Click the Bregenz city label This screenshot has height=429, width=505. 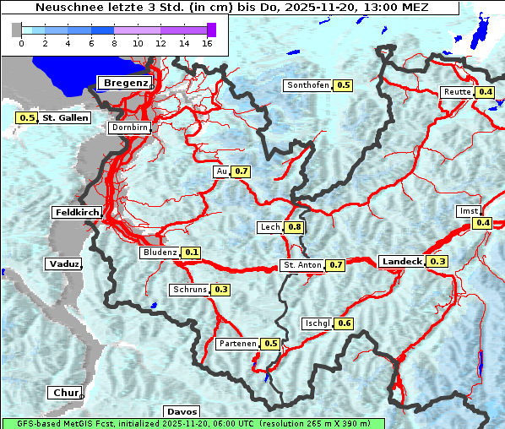pos(127,82)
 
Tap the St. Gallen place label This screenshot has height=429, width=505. pos(66,117)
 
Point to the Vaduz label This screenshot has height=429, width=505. pos(64,263)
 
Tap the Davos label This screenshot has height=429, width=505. pos(182,411)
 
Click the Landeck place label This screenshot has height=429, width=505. pos(402,262)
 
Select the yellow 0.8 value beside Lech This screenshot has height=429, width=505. pos(295,227)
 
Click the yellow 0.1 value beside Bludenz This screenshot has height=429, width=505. pos(192,253)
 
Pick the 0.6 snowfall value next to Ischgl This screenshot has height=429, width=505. pos(344,323)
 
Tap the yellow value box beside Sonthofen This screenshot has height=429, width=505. pos(344,85)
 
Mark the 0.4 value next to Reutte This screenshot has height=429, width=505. pos(486,92)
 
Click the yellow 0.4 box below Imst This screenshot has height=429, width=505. pos(482,223)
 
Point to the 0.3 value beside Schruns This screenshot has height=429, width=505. pos(221,290)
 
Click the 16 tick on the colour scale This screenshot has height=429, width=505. pos(206,42)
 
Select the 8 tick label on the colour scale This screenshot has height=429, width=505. pos(114,42)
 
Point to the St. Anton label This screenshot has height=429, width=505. pos(301,265)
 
